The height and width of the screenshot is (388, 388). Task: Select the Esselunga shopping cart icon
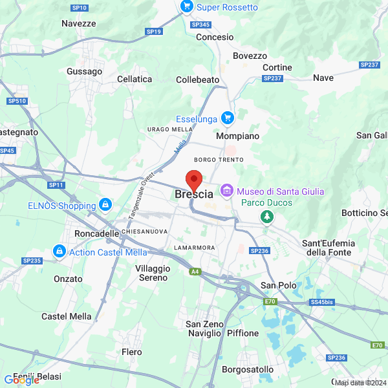227,118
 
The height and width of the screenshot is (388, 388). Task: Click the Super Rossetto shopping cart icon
187,7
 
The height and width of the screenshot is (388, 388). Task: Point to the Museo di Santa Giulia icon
226,191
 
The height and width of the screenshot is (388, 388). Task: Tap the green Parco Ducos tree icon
266,217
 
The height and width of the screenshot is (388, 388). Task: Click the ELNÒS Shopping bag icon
105,206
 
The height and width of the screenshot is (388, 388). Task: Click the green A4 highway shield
195,272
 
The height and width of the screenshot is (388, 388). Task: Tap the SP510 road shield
16,101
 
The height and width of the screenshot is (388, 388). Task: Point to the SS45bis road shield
321,302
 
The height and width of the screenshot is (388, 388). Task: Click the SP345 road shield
201,25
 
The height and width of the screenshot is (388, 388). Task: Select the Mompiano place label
237,136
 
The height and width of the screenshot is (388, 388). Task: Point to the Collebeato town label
198,80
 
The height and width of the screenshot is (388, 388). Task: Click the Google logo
21,380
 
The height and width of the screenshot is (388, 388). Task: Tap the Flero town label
132,352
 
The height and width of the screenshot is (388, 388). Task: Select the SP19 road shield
154,31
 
